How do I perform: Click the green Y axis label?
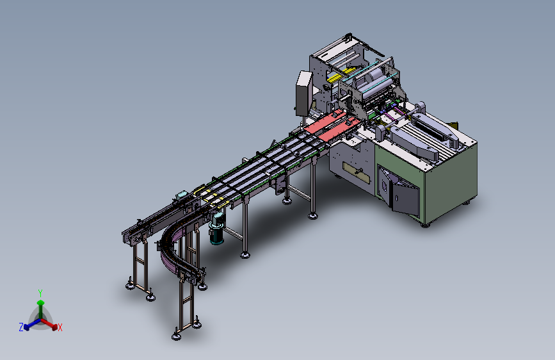pos(40,293)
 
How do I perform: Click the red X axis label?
pos(60,327)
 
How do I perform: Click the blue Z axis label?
pos(21,327)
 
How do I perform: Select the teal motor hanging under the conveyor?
pos(216,229)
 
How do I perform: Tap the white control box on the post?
pos(303,93)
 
